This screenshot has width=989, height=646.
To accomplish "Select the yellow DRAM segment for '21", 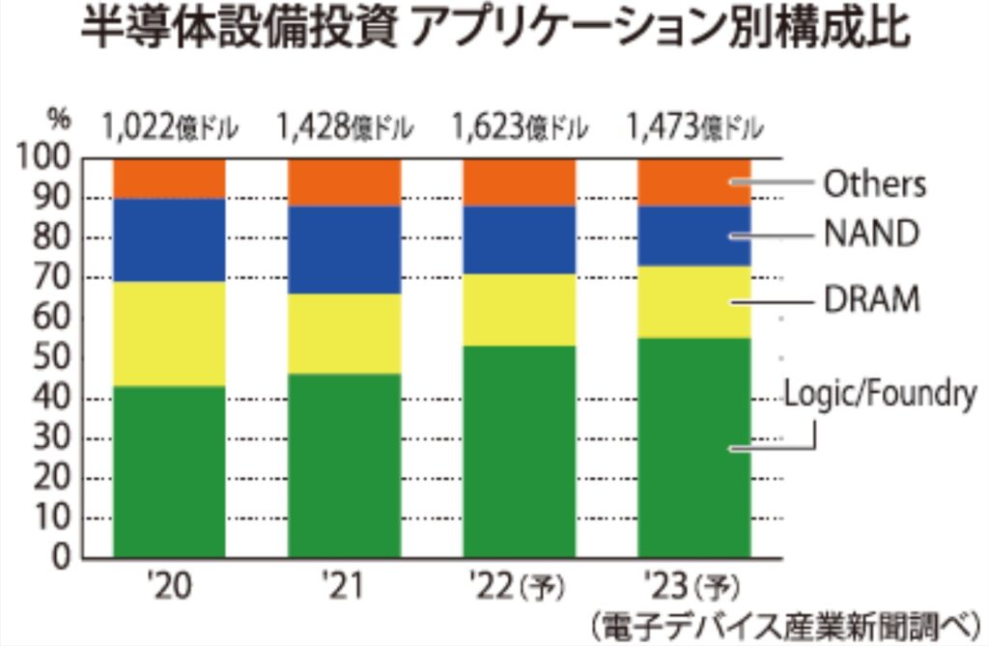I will [x=345, y=334].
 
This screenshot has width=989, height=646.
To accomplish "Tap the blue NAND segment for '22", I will [x=520, y=239].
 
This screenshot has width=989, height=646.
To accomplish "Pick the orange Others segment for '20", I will [x=169, y=178].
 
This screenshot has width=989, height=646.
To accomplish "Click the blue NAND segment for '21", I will [x=345, y=250].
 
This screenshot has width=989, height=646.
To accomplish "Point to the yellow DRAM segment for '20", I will [x=169, y=334].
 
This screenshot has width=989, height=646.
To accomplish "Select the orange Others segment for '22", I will [x=520, y=182].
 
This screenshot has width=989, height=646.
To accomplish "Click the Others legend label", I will [x=873, y=183].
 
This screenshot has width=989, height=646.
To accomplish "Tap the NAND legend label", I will [x=869, y=235].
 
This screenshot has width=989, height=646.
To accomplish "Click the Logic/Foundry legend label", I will [x=880, y=393].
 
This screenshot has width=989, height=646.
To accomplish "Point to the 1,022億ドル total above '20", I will [x=169, y=126].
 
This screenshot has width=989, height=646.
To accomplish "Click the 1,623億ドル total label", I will [x=520, y=126].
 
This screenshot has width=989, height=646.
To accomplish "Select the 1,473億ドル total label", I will [x=694, y=126].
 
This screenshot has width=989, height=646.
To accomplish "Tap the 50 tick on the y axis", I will [x=55, y=358].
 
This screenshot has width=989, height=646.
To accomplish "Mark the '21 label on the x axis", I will [x=345, y=586].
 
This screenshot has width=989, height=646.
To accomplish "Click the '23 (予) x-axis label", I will [x=694, y=586].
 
